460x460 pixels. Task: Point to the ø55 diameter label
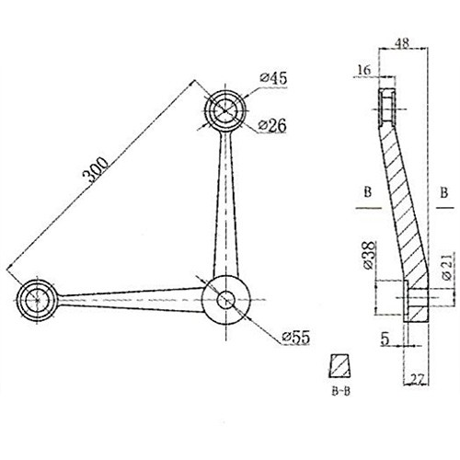tap(289, 339)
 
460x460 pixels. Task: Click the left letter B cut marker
tap(366, 194)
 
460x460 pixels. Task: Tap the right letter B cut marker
tap(444, 194)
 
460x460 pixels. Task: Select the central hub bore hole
tap(226, 299)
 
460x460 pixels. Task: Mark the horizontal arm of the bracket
tap(129, 296)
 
